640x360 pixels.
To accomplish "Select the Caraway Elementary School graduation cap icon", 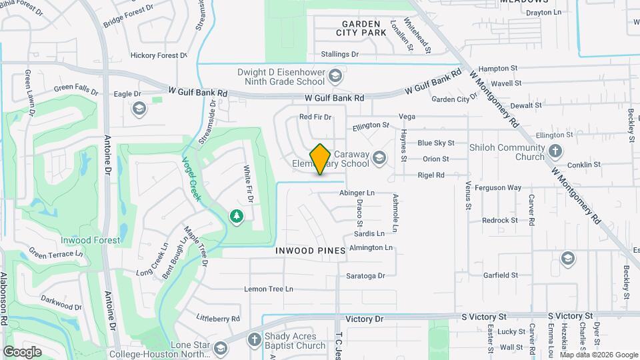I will point(379,157).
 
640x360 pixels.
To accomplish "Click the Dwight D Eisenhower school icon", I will point(335,77).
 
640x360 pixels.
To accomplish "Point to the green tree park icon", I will point(235,216).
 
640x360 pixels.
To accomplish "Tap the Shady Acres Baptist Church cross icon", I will point(253,340).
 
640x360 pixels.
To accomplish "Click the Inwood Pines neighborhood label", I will point(311,251).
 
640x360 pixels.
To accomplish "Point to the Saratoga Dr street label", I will point(365,275).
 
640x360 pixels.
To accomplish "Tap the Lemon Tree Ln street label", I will point(269,289).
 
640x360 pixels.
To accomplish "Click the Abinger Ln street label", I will point(357,193).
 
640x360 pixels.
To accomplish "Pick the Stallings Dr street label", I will point(339,54).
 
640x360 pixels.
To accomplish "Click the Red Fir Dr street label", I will point(315,117).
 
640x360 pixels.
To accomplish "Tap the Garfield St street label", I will point(501,275).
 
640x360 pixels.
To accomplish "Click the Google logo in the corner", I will point(22,351).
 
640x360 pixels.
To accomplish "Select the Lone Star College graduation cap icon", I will point(220,347).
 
